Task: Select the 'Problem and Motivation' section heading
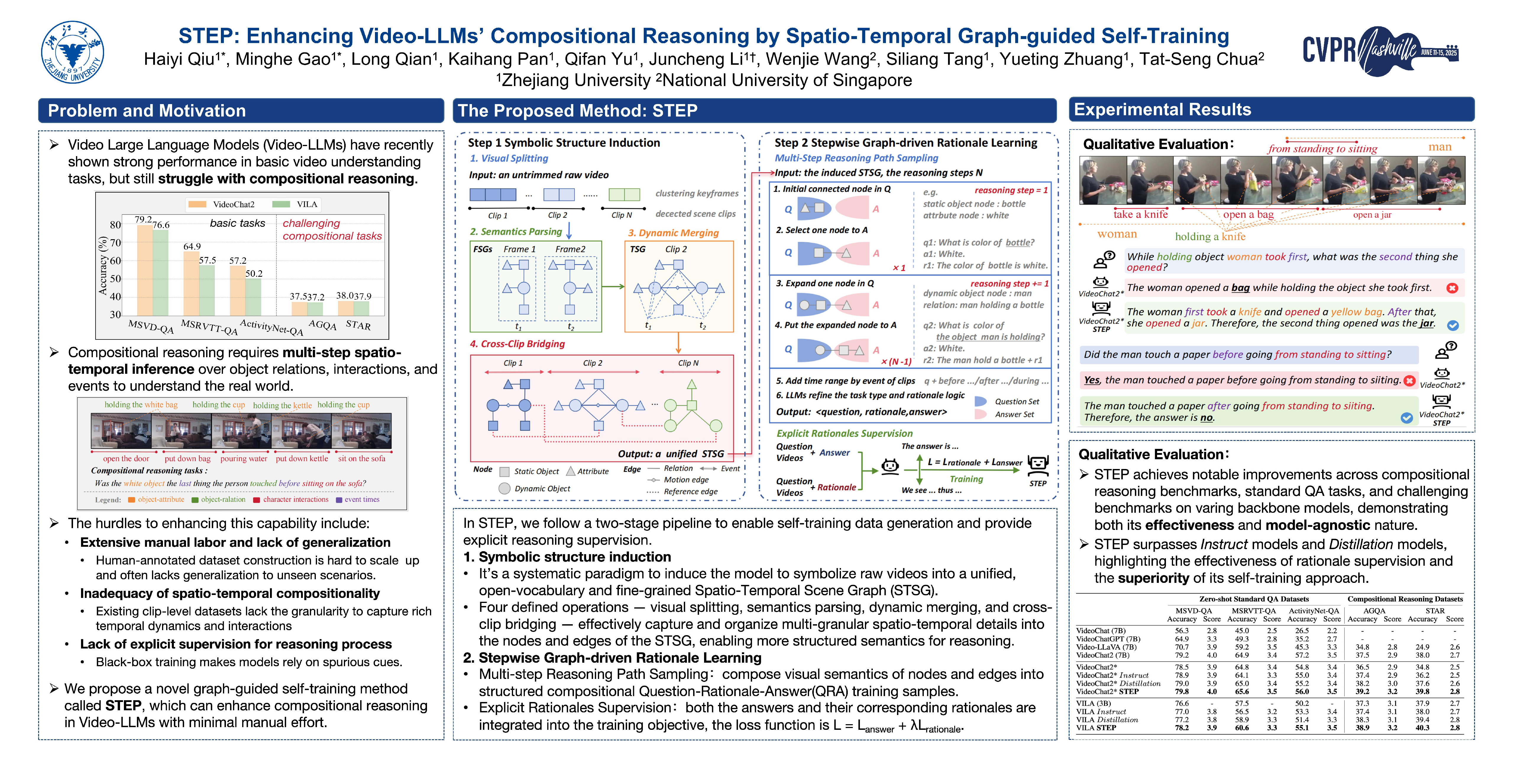147,111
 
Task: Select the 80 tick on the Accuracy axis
115,224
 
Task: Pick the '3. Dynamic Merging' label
673,233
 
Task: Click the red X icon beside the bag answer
1452,288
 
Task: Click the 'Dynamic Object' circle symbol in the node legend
504,489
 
